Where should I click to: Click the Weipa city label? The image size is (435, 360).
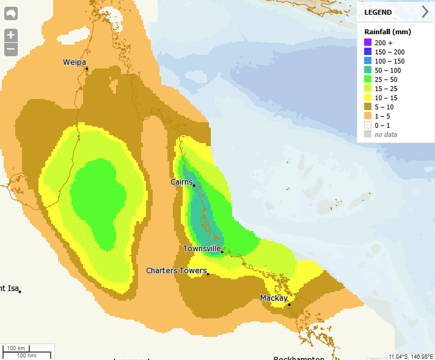tap(75, 62)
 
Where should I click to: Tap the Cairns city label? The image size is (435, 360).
tap(181, 182)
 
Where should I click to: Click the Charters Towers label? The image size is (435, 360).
tap(177, 270)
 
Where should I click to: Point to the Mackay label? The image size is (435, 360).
tap(274, 298)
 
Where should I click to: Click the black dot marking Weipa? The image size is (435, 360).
tap(87, 68)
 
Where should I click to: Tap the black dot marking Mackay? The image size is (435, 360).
tap(290, 304)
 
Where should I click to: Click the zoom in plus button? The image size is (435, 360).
tap(11, 35)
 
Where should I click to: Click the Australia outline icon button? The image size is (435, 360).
tap(11, 13)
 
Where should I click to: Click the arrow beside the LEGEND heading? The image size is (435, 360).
tap(425, 12)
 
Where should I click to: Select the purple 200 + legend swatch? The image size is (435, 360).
tap(368, 43)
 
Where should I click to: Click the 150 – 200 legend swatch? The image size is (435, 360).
tap(368, 52)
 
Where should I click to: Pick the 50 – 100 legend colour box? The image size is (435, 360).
tap(368, 70)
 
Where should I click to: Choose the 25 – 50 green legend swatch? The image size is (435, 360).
tap(368, 79)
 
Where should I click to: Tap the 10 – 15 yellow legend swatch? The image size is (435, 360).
tap(368, 97)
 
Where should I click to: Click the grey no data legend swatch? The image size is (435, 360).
tap(368, 134)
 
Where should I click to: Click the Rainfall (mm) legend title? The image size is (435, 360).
tap(387, 31)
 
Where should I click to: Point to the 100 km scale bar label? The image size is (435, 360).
tap(16, 348)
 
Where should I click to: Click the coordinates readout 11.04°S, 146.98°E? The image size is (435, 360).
tap(411, 356)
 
